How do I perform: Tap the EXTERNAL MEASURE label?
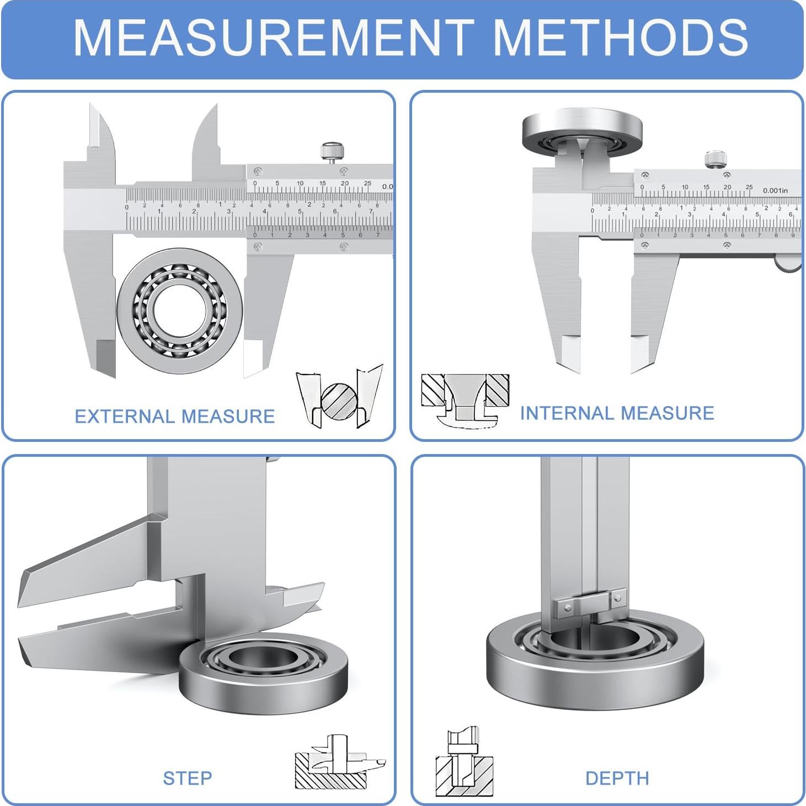point(174,416)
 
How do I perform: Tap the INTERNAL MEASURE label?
point(617,413)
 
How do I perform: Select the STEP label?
point(187,778)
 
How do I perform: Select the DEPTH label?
point(617,778)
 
